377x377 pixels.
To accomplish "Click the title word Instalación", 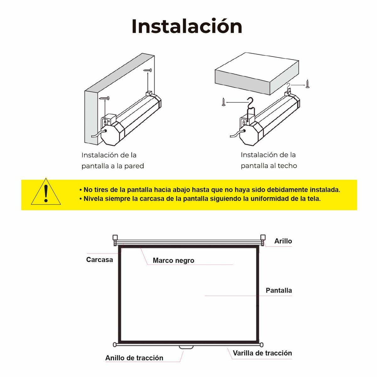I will click(x=187, y=26).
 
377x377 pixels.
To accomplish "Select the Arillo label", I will click(x=283, y=241).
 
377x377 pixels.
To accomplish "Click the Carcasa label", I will click(x=99, y=260).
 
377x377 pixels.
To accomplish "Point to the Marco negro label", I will click(x=173, y=260).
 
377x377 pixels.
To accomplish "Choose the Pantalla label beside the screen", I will click(x=279, y=291).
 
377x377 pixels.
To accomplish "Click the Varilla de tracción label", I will click(x=262, y=353).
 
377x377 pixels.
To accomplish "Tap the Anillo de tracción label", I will click(x=134, y=358).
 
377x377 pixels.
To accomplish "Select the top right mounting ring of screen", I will click(x=263, y=238).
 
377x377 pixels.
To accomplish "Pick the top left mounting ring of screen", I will click(x=115, y=238).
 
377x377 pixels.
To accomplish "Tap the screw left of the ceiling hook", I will click(x=223, y=102).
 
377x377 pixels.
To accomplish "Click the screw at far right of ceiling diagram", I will click(x=307, y=84).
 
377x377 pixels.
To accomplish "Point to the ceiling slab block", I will click(x=256, y=74).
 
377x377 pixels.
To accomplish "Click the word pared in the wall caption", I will click(x=134, y=166).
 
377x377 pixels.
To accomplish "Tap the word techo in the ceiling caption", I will click(x=287, y=166).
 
